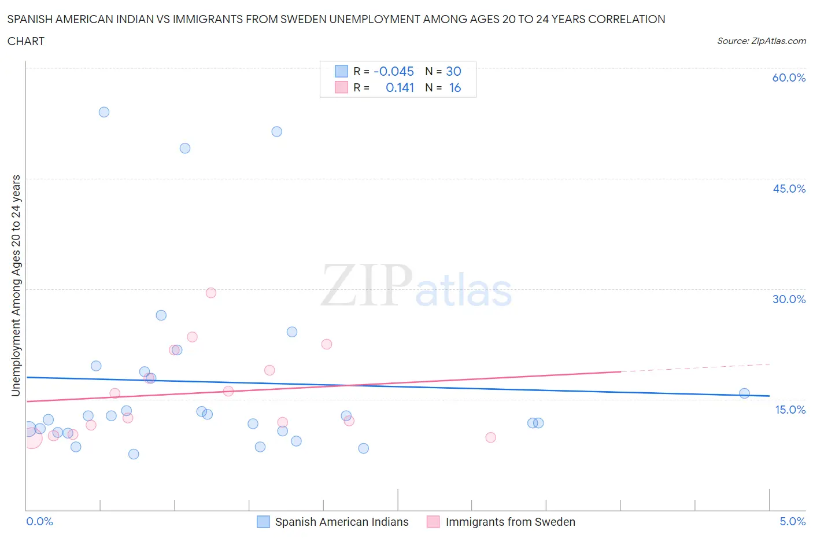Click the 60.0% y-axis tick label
pos(788,78)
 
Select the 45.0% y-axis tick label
pos(789,189)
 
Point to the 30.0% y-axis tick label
pos(789,299)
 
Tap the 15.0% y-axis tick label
pos(790,410)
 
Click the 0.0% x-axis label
pos(39,521)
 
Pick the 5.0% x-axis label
pos(792,521)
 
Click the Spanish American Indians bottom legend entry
pos(341,522)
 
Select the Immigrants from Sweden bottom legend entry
pos(510,522)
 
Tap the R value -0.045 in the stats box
pos(394,71)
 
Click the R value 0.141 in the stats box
pos(400,87)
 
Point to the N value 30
pos(453,71)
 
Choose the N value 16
pos(455,87)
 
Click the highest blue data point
pos(104,112)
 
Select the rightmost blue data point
pos(744,393)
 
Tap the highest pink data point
pos(211,293)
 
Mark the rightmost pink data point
pos(490,437)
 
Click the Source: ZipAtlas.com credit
pos(761,41)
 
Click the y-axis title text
pos(16,285)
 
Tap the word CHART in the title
pos(26,41)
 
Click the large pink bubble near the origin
pos(32,438)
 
